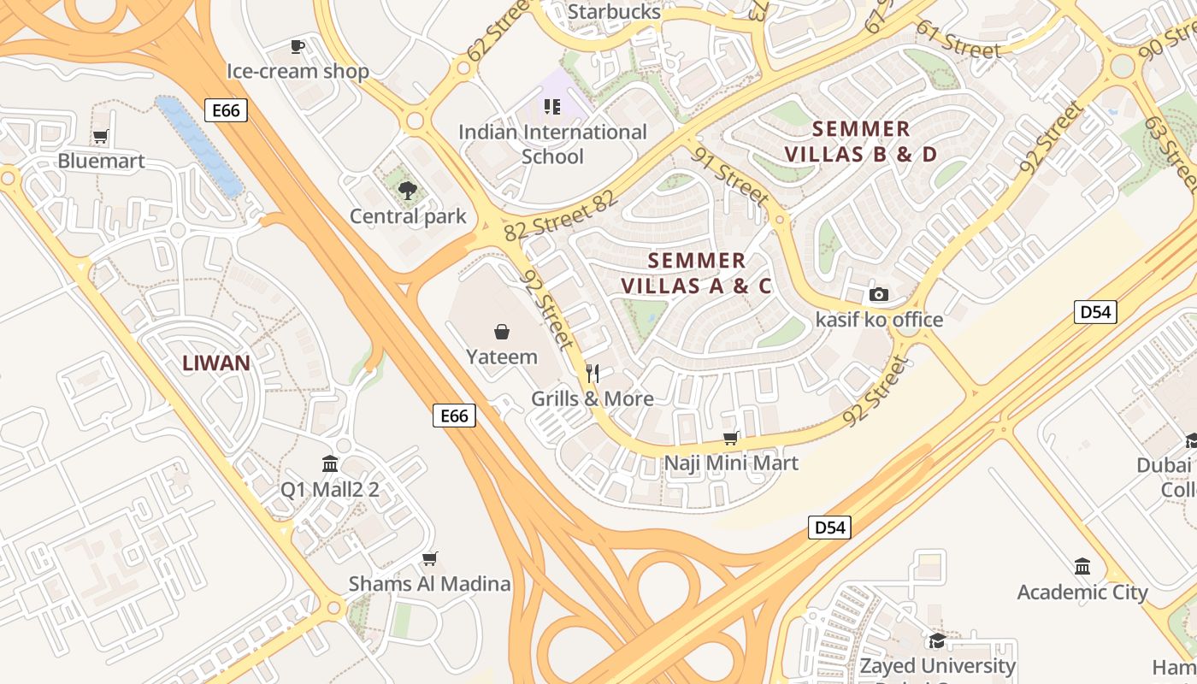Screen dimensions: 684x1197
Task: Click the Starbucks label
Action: [614, 12]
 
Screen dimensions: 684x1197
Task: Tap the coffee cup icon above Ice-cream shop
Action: [297, 46]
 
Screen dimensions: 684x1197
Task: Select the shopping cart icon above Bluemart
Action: [101, 136]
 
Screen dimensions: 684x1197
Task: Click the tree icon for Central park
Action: [408, 191]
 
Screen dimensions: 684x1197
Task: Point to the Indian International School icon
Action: [552, 107]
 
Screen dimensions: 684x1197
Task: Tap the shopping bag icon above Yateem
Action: [502, 332]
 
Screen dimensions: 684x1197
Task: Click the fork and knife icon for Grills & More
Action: [592, 374]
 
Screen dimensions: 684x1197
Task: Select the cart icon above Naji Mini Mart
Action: [731, 439]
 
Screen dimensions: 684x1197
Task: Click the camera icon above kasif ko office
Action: [878, 295]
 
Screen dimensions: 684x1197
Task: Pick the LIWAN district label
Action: [216, 363]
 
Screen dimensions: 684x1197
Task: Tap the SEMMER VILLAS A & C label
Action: [696, 273]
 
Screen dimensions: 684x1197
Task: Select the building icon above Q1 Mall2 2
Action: [330, 464]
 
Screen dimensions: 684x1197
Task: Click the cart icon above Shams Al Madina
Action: [429, 559]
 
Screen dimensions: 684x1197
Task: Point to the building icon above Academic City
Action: [1082, 567]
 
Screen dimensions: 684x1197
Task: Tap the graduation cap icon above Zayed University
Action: [937, 640]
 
